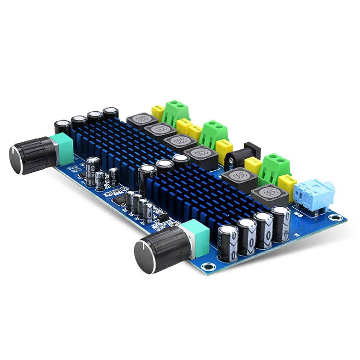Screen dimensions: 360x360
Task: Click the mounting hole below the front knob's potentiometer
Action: pos(206,266)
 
